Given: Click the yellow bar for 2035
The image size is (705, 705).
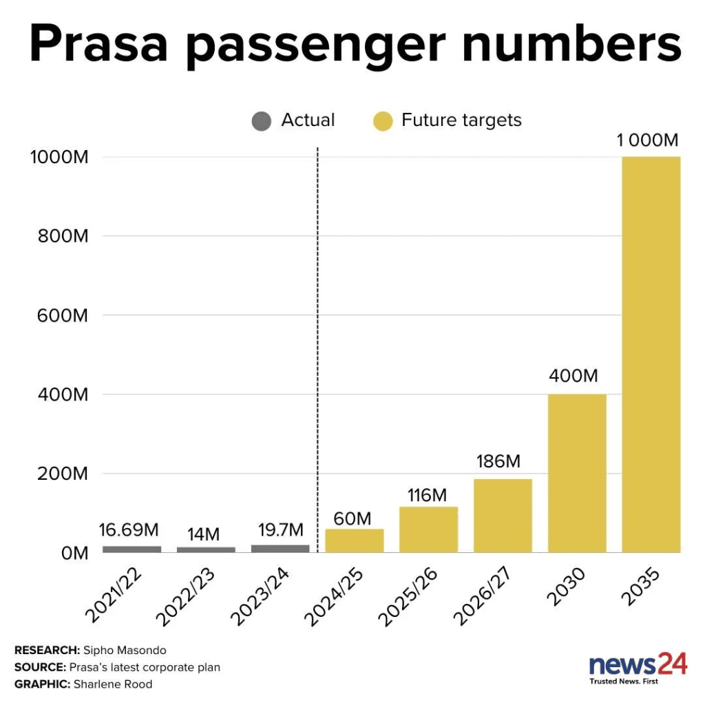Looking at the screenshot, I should point(651,355).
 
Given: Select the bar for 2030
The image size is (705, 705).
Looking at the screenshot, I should point(577,473).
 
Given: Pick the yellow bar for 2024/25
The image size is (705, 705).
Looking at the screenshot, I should point(355,540).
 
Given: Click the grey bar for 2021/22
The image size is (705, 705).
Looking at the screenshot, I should point(131,549).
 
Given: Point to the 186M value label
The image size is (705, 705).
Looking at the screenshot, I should point(498,461).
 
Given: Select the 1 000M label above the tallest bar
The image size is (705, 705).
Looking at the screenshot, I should point(647,140).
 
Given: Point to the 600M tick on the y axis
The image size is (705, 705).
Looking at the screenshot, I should point(61,315).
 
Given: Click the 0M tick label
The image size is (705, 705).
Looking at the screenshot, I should point(72,553).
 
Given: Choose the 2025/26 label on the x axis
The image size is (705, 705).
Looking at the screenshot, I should point(421,596).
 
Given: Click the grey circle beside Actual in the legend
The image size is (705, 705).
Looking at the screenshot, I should point(262,122).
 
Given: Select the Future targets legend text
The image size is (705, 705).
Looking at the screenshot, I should point(461,120).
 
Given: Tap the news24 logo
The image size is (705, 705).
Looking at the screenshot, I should point(638,666).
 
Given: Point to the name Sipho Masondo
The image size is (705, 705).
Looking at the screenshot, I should point(124,650).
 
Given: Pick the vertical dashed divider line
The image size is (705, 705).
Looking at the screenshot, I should point(317,344).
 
